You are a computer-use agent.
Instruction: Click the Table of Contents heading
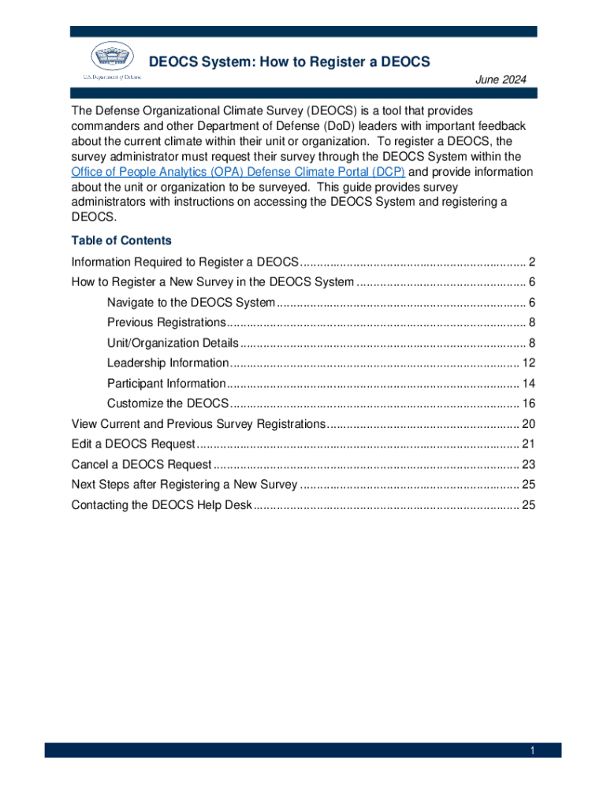click(x=121, y=240)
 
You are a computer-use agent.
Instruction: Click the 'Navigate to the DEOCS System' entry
click(x=191, y=303)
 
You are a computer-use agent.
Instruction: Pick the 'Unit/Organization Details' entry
click(x=172, y=343)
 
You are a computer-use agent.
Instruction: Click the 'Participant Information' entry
click(x=166, y=383)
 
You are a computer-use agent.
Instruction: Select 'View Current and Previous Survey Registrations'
click(x=198, y=423)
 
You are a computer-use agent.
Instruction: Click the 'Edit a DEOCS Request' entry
click(x=132, y=444)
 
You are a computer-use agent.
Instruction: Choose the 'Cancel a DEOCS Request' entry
click(x=141, y=464)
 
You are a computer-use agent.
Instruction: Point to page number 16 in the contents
click(x=529, y=403)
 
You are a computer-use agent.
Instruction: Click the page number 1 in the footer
click(x=532, y=751)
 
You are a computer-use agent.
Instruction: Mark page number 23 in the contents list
click(x=529, y=464)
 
